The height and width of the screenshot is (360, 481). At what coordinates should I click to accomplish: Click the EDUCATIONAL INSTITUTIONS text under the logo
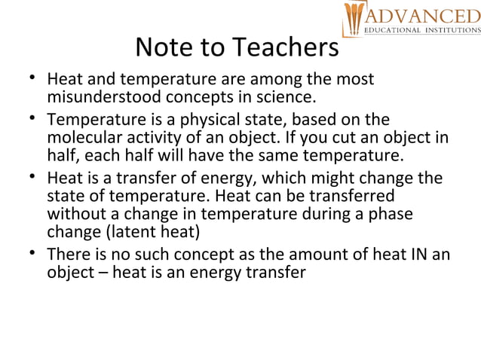[x=421, y=30]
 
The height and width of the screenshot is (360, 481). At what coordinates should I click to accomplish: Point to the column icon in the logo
[x=354, y=19]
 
